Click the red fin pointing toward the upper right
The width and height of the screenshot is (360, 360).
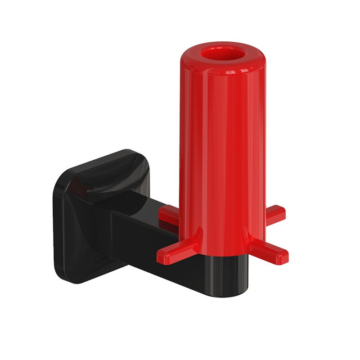click(x=274, y=214)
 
